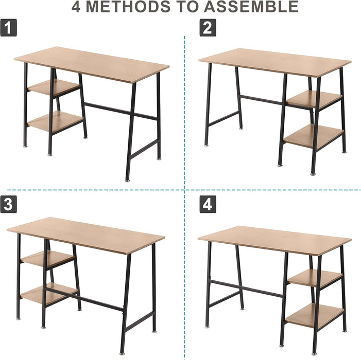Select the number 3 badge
tap(8, 205)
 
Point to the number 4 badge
tap(207, 205)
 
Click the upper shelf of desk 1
tap(53, 87)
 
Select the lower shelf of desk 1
tap(54, 121)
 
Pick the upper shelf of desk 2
tap(314, 99)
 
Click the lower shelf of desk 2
tap(314, 135)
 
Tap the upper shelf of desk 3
tap(47, 258)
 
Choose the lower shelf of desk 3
tap(47, 294)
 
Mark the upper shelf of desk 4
tap(314, 278)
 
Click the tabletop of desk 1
tap(92, 64)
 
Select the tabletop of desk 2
tap(274, 62)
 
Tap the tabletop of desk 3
tap(86, 235)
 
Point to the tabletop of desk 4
tap(274, 239)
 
